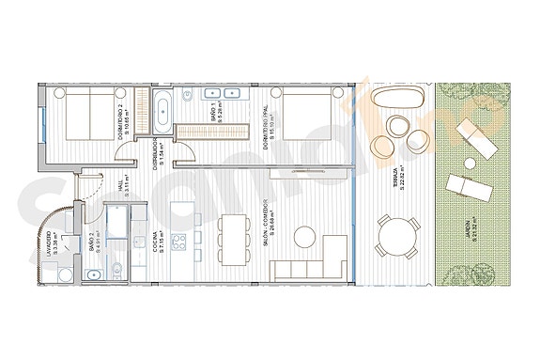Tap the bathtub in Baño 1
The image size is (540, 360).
point(164,108)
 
